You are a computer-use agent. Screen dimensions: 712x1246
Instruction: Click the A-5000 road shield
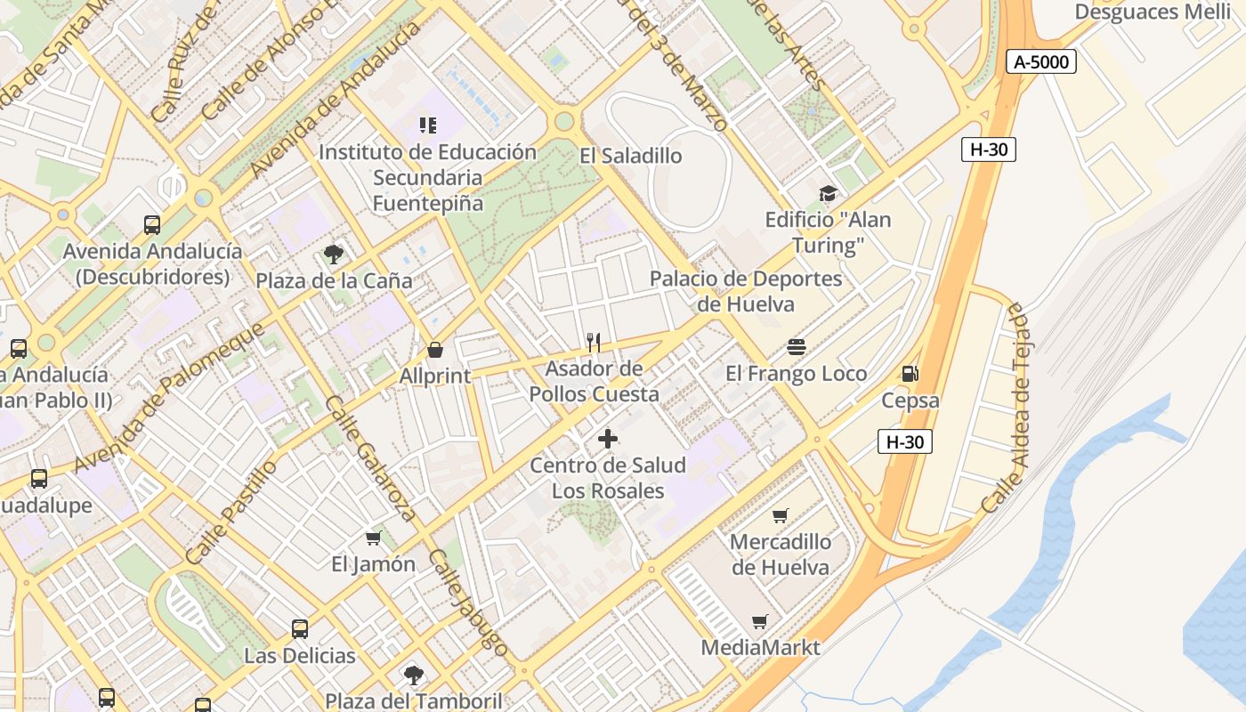(x=1041, y=61)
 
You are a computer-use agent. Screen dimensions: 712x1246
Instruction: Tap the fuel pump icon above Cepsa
(x=910, y=374)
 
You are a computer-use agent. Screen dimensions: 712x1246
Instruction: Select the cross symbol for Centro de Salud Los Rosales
(x=608, y=439)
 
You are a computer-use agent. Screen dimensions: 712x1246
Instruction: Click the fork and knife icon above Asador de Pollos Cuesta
(x=594, y=343)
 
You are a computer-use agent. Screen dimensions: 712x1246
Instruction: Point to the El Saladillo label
(x=630, y=156)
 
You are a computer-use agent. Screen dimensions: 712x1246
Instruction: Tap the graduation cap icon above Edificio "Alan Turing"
(x=828, y=194)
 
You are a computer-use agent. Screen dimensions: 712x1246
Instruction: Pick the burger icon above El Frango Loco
(x=797, y=347)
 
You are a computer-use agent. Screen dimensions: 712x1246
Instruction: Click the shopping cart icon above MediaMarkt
(x=759, y=621)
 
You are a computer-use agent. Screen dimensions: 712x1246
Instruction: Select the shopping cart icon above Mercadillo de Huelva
(x=781, y=515)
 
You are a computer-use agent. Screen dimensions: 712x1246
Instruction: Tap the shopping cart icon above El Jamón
(x=374, y=538)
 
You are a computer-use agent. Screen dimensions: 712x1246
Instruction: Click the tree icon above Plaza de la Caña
(x=334, y=255)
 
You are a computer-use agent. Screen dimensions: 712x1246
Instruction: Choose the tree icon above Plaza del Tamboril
(x=413, y=675)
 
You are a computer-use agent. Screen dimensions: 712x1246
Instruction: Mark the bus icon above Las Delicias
(x=300, y=629)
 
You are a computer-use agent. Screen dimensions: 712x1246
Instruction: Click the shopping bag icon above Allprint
(x=435, y=350)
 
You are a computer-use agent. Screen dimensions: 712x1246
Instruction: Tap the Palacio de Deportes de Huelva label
(x=746, y=291)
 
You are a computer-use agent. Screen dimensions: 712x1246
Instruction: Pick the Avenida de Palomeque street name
(x=169, y=397)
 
